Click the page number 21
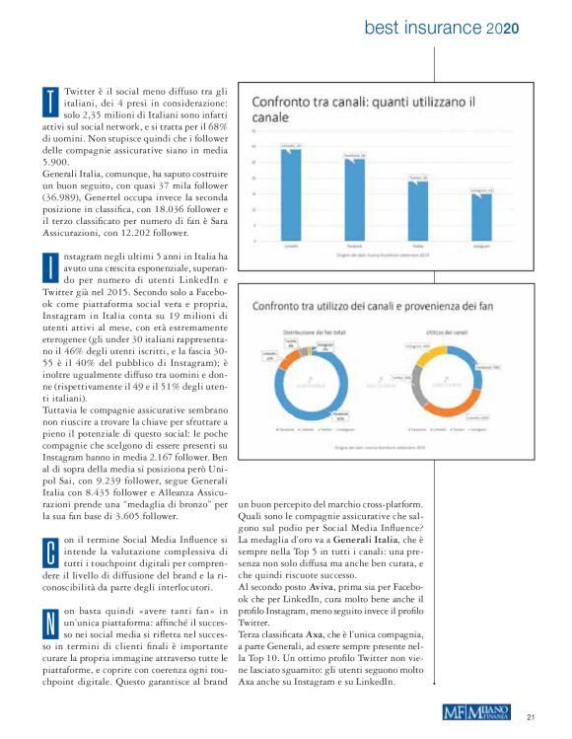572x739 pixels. point(530,716)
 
